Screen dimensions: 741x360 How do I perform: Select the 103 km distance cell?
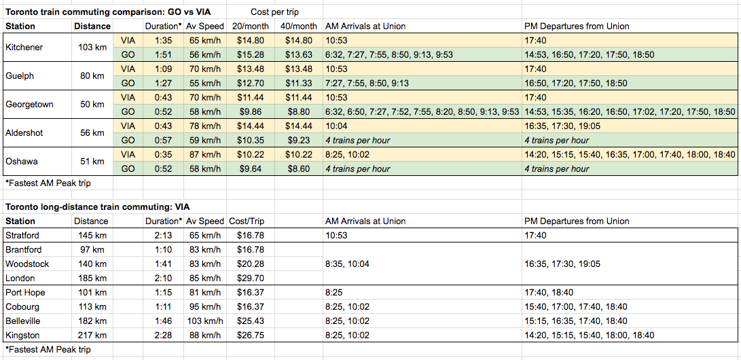point(92,48)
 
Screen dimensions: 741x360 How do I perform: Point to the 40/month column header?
point(299,26)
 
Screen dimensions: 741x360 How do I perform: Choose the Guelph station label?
point(18,76)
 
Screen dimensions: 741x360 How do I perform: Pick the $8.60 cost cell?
point(299,169)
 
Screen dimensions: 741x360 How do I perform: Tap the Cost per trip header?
point(275,12)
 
